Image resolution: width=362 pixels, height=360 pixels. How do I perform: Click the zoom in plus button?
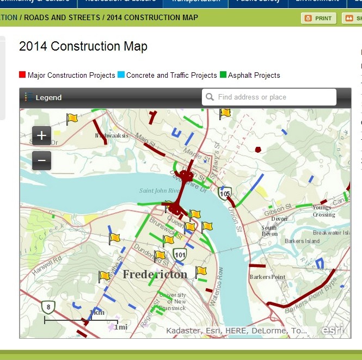pyautogui.click(x=41, y=135)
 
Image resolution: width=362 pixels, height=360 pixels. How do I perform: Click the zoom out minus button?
pyautogui.click(x=41, y=160)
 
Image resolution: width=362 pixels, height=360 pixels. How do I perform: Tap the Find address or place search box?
pyautogui.click(x=269, y=97)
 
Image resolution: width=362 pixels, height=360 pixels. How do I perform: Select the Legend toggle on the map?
pyautogui.click(x=43, y=97)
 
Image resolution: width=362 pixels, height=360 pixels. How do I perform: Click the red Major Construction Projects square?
pyautogui.click(x=22, y=75)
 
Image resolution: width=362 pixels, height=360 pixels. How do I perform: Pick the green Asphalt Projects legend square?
pyautogui.click(x=223, y=75)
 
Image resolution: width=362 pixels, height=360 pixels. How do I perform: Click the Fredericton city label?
pyautogui.click(x=155, y=274)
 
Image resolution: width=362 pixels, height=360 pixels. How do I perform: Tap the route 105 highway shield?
pyautogui.click(x=225, y=193)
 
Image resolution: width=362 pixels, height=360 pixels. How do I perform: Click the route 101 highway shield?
pyautogui.click(x=180, y=254)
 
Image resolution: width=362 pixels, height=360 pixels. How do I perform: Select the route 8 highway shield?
pyautogui.click(x=48, y=307)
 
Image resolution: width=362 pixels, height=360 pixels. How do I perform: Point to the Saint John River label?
pyautogui.click(x=159, y=190)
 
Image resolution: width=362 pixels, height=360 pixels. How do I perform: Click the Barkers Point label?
pyautogui.click(x=267, y=277)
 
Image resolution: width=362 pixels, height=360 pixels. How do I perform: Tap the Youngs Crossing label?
pyautogui.click(x=322, y=211)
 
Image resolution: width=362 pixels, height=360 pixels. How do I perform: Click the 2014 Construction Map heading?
pyautogui.click(x=83, y=46)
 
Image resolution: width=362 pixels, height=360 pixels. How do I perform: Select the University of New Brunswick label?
pyautogui.click(x=172, y=301)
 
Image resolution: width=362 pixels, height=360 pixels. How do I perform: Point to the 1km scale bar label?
pyautogui.click(x=96, y=313)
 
